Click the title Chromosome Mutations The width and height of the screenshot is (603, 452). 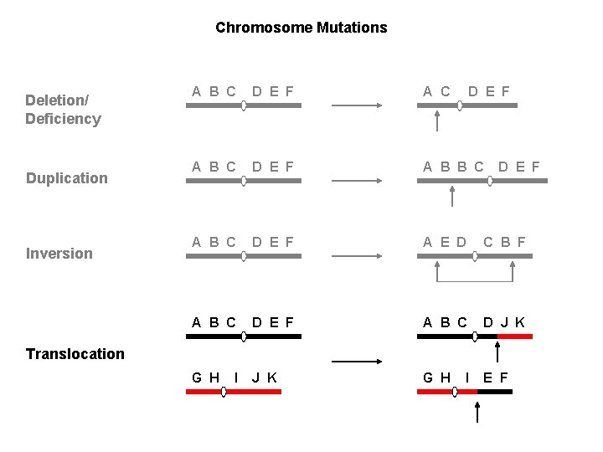(x=301, y=28)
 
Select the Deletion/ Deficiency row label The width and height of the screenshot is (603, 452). (x=63, y=110)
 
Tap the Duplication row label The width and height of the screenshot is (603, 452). (x=67, y=178)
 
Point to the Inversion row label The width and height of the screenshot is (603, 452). (x=59, y=254)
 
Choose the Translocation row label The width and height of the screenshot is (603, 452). (x=75, y=354)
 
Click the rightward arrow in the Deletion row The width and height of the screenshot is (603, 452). (x=358, y=105)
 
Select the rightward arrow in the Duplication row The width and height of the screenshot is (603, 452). (x=358, y=181)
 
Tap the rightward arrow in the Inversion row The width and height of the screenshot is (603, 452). (x=358, y=256)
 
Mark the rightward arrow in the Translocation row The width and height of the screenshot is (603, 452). (x=358, y=362)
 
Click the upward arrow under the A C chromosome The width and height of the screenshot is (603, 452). (x=436, y=122)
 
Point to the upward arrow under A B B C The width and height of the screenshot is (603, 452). (x=452, y=197)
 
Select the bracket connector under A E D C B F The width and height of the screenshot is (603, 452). (x=475, y=276)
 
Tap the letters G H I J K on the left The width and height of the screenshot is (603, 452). (x=234, y=378)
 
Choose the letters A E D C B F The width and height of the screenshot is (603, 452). (x=474, y=243)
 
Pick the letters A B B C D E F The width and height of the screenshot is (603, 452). (x=481, y=167)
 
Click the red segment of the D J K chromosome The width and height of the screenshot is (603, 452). (x=514, y=336)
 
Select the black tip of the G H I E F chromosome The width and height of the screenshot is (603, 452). (x=494, y=391)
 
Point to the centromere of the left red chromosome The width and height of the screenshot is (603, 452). (x=224, y=391)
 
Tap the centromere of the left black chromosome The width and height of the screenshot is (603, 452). (x=244, y=336)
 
